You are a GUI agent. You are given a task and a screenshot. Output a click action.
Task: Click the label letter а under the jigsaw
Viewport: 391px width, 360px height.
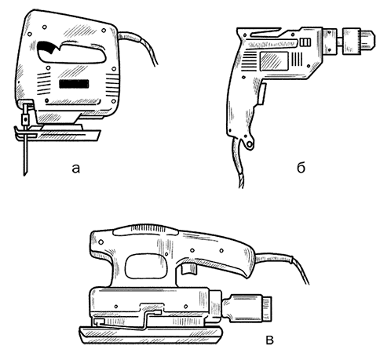pyautogui.click(x=76, y=169)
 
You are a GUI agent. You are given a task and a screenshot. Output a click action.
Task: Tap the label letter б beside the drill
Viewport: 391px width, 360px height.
pyautogui.click(x=301, y=168)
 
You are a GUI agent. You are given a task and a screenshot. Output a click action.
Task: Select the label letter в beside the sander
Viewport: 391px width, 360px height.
pyautogui.click(x=269, y=340)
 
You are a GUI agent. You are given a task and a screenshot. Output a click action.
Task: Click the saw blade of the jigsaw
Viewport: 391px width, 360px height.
pyautogui.click(x=25, y=151)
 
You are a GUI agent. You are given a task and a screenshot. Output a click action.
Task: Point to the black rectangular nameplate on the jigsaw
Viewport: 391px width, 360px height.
pyautogui.click(x=74, y=84)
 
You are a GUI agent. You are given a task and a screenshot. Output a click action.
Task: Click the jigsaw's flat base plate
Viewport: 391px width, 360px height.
pyautogui.click(x=57, y=134)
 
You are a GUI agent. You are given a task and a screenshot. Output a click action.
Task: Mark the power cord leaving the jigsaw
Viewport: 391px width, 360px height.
pyautogui.click(x=141, y=45)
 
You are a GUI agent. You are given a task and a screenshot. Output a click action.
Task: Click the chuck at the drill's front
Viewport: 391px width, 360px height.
pyautogui.click(x=359, y=42)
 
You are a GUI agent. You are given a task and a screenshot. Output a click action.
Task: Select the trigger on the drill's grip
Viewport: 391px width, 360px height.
pyautogui.click(x=262, y=94)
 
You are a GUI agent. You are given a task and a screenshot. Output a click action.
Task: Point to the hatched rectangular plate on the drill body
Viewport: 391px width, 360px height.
pyautogui.click(x=274, y=61)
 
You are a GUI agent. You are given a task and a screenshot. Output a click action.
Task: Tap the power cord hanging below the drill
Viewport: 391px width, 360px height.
pyautogui.click(x=238, y=163)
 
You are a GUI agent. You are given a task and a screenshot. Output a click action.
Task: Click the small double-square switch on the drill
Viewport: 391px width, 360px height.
pyautogui.click(x=305, y=42)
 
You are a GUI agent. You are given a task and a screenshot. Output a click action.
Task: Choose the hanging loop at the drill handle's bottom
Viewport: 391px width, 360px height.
pyautogui.click(x=249, y=143)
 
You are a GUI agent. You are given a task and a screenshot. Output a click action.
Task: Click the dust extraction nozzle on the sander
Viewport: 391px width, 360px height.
pyautogui.click(x=247, y=307)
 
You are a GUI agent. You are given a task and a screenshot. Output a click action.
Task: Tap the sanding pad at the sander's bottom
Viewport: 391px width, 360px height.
pyautogui.click(x=151, y=336)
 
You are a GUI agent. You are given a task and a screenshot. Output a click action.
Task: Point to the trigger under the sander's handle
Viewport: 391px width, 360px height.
pyautogui.click(x=188, y=268)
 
